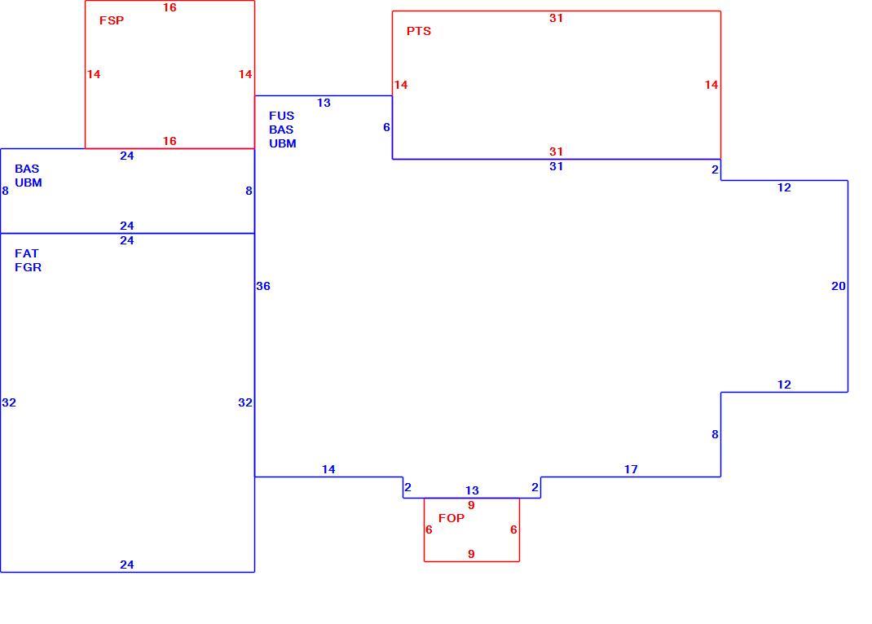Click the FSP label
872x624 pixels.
112,20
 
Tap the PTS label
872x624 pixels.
419,31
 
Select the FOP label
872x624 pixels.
451,518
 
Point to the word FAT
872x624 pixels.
27,253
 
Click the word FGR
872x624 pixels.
29,267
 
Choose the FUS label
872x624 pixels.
281,116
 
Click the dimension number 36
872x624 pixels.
263,286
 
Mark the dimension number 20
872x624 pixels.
838,286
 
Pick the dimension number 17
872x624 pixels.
631,469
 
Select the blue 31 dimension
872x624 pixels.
556,166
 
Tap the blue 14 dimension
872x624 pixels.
328,469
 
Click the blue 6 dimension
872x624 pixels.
386,127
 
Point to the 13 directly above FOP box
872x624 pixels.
472,490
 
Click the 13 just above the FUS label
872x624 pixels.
324,103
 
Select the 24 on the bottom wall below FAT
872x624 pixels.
127,565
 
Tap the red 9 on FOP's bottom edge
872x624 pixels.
471,554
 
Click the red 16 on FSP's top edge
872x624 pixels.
170,7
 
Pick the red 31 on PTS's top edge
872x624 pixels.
556,18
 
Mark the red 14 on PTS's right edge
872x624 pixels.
711,85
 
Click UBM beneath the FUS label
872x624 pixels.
283,143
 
